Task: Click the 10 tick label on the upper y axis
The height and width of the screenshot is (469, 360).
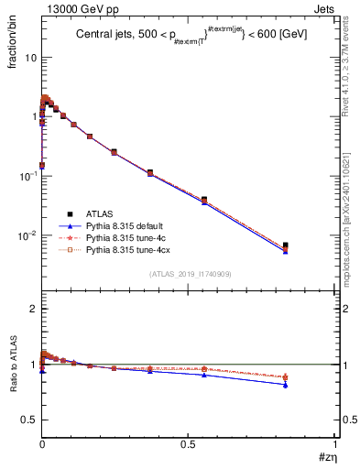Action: tap(31, 57)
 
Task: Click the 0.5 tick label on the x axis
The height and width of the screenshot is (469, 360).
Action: tap(188, 442)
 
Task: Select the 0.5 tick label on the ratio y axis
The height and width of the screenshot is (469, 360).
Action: tap(28, 420)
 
